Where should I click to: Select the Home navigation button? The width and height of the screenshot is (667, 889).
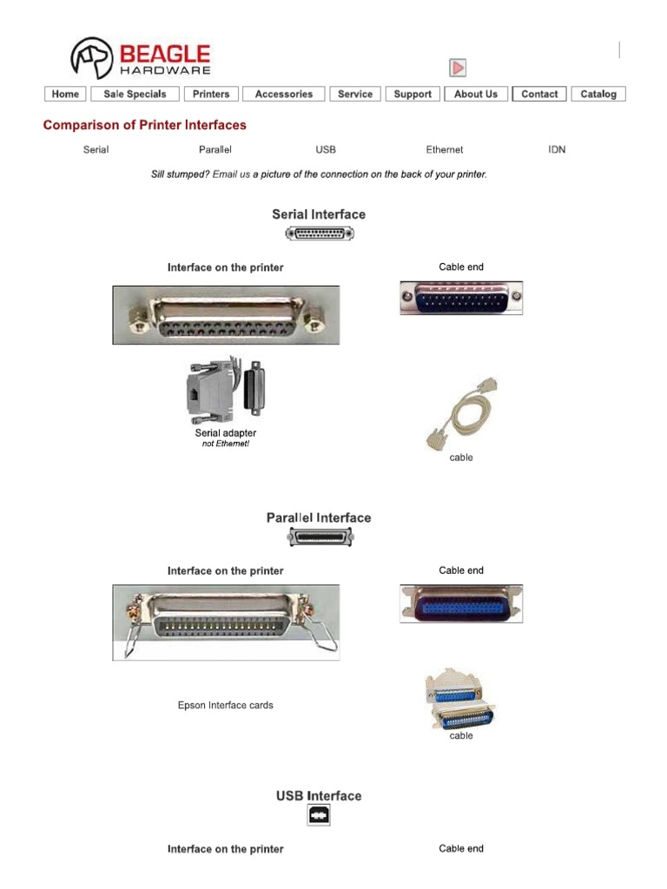pos(65,94)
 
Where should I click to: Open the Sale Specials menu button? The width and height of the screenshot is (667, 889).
pos(135,94)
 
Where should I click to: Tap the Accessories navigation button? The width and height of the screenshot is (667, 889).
pos(284,94)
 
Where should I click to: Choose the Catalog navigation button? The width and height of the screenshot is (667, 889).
pos(598,94)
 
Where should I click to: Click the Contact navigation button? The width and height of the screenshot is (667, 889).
pos(539,94)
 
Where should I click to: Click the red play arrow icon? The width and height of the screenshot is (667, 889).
pos(458,68)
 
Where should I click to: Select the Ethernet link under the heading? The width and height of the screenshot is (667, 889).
pos(445,149)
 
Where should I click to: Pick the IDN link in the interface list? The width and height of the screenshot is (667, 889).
pos(557,149)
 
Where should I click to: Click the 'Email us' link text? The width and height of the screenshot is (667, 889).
pos(231,175)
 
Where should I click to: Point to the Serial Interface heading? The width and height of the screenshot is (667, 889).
pos(319,214)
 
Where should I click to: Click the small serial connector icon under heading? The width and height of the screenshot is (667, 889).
pos(320,234)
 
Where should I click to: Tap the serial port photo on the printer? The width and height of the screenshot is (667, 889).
pos(226,315)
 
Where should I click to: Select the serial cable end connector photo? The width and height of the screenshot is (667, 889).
pos(461,298)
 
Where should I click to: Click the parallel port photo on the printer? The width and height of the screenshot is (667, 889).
pos(226,622)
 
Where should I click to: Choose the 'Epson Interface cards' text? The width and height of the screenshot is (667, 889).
pos(226,705)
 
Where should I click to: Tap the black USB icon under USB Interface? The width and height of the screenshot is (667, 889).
pos(319,815)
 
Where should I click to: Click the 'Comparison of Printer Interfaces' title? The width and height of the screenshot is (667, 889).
pos(145,125)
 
